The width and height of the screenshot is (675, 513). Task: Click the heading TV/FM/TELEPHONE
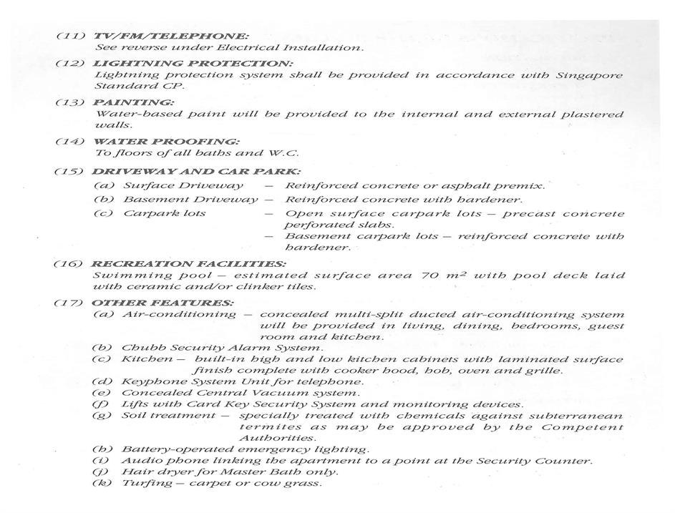(x=171, y=35)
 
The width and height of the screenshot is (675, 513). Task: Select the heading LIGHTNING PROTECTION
(x=193, y=63)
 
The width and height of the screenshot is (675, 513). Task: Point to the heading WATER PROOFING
(x=166, y=142)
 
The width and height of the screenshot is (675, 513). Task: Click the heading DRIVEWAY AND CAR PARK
(x=196, y=172)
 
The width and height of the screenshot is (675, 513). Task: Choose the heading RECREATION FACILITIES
(x=189, y=263)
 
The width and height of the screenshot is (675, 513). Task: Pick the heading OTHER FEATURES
(x=162, y=303)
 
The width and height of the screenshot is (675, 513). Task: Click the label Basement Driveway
(x=190, y=200)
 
